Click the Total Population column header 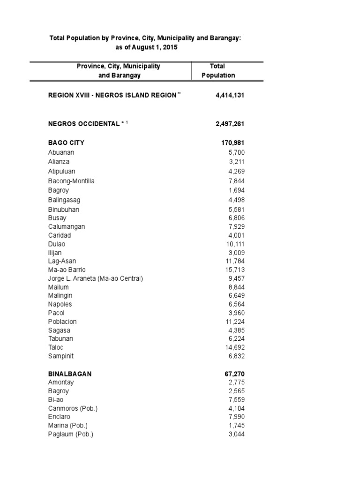[x=218, y=71]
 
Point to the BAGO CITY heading [x=66, y=142]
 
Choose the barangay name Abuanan [x=61, y=152]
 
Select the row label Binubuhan [x=64, y=210]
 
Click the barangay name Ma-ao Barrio [x=67, y=270]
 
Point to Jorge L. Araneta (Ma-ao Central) [x=95, y=278]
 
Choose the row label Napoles [x=60, y=304]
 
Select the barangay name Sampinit [x=60, y=356]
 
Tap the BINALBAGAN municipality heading [x=70, y=374]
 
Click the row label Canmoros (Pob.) [x=73, y=408]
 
